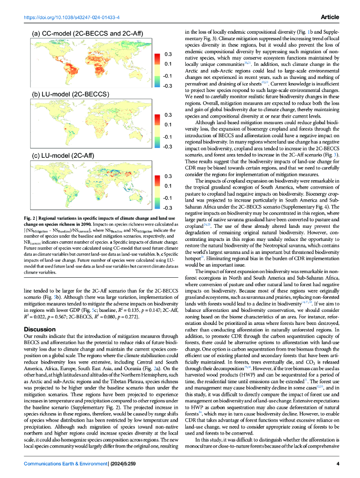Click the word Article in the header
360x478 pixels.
tap(330, 17)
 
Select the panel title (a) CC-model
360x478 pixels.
tap(86, 34)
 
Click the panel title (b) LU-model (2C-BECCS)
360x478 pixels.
tap(70, 94)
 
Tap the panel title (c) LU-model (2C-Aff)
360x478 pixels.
tap(64, 155)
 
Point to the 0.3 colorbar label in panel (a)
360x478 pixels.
tap(168, 54)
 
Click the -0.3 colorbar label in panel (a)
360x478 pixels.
tap(168, 86)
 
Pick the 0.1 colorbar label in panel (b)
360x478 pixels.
tap(168, 125)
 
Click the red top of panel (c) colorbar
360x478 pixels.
tap(158, 175)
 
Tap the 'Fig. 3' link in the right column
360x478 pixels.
tap(334, 154)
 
